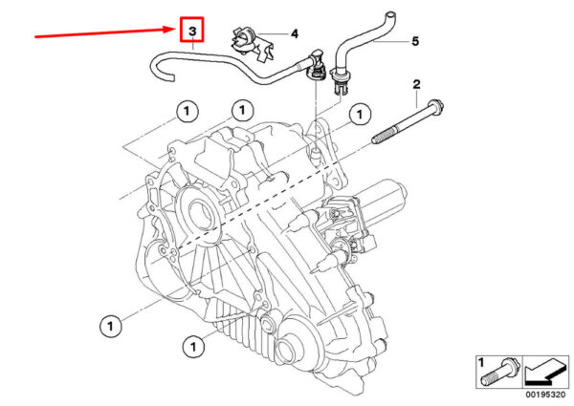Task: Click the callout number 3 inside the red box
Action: [x=192, y=31]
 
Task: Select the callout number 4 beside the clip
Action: [x=295, y=34]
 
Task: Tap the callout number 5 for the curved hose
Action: [x=415, y=41]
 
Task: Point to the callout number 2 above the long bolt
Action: [x=416, y=85]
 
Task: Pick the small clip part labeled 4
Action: [x=251, y=44]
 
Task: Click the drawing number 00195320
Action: [x=545, y=395]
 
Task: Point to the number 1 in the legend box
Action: [x=481, y=363]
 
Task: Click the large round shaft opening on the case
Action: [x=200, y=213]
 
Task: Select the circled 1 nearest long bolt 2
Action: [x=359, y=115]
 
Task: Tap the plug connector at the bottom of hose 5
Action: [x=340, y=82]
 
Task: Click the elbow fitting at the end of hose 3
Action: [x=317, y=66]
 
